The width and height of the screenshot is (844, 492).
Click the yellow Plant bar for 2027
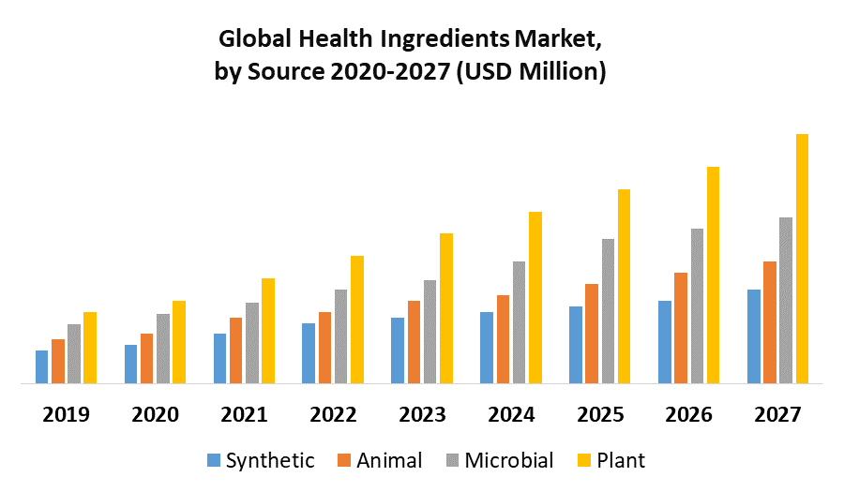(x=802, y=259)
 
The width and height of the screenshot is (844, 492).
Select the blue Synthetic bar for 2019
(x=41, y=366)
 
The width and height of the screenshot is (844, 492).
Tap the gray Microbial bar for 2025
(x=608, y=311)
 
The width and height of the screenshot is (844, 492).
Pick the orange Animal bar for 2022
(x=324, y=348)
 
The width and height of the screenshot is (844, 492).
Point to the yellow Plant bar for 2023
(x=446, y=308)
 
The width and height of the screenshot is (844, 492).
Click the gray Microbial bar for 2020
(x=163, y=349)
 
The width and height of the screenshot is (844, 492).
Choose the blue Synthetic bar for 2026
(x=664, y=342)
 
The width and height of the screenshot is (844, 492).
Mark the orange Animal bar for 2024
(x=503, y=339)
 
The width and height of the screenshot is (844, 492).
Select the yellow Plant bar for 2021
(x=268, y=331)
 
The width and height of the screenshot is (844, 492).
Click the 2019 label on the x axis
(x=66, y=414)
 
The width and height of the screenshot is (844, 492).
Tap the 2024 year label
(x=511, y=414)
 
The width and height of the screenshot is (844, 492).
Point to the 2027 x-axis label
(x=778, y=414)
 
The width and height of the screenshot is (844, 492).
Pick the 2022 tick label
(x=333, y=414)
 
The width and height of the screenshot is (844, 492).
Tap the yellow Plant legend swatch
(x=583, y=460)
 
